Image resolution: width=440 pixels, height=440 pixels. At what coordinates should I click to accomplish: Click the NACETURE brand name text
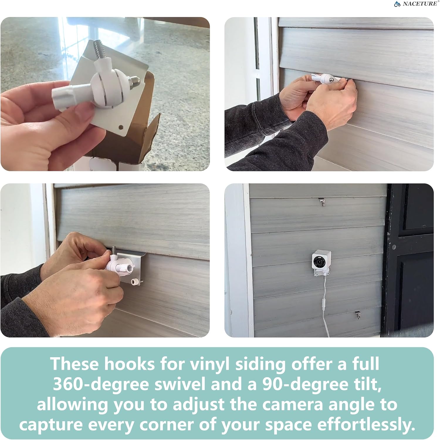420,4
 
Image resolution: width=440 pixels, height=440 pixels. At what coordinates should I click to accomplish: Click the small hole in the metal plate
120,127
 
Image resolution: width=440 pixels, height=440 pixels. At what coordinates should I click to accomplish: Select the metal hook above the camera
322,202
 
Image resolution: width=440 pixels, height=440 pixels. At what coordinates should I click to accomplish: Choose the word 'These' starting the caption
75,364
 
